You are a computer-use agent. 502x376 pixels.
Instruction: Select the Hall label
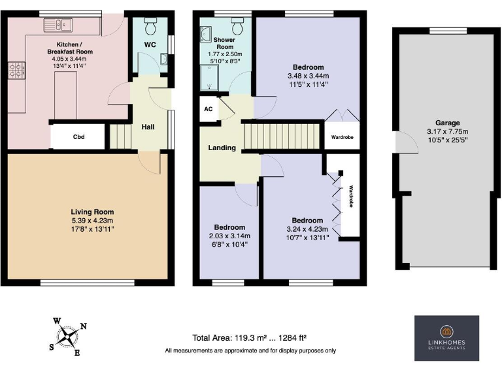148,127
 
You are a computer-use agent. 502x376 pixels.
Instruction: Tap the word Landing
222,148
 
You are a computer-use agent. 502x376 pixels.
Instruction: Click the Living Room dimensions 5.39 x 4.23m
92,221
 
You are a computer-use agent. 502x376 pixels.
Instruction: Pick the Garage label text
448,123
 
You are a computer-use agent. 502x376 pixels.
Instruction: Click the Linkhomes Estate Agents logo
447,337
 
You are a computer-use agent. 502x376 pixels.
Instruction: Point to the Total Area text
250,337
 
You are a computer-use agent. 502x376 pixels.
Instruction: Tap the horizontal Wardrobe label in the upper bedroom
342,138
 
